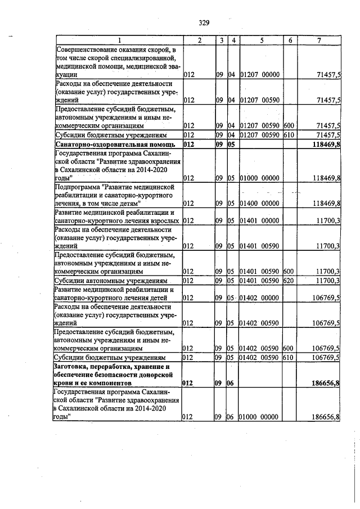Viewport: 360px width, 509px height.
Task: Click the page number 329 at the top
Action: (x=204, y=22)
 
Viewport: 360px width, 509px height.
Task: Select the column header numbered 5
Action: (x=262, y=40)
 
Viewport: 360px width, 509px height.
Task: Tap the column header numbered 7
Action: (x=319, y=40)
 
